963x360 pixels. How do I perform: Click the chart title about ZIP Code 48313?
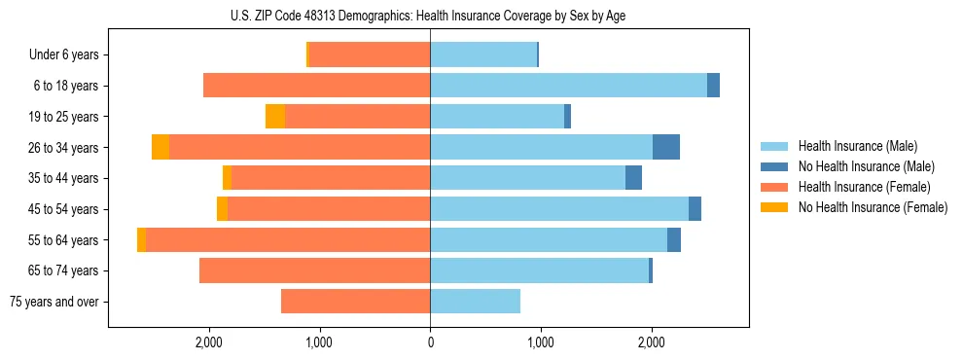[430, 15]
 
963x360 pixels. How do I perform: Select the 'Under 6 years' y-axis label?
[64, 55]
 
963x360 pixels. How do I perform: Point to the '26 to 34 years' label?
[64, 148]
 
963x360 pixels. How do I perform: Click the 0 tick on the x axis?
[430, 342]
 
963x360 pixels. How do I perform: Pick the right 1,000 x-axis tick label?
[541, 342]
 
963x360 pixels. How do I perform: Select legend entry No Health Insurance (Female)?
[873, 207]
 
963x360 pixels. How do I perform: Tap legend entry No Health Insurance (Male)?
[866, 166]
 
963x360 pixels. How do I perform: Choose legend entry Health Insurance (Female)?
[864, 187]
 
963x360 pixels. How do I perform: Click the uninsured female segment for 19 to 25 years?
[275, 117]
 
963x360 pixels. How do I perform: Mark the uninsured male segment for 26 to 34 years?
[666, 147]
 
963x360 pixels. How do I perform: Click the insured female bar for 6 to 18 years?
[316, 86]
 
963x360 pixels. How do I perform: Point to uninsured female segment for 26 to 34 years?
[160, 147]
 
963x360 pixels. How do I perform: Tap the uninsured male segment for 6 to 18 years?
[713, 86]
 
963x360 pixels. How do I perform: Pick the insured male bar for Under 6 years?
[483, 55]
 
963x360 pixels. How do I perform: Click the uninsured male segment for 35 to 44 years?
[633, 178]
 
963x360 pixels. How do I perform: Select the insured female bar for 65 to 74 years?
[314, 270]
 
